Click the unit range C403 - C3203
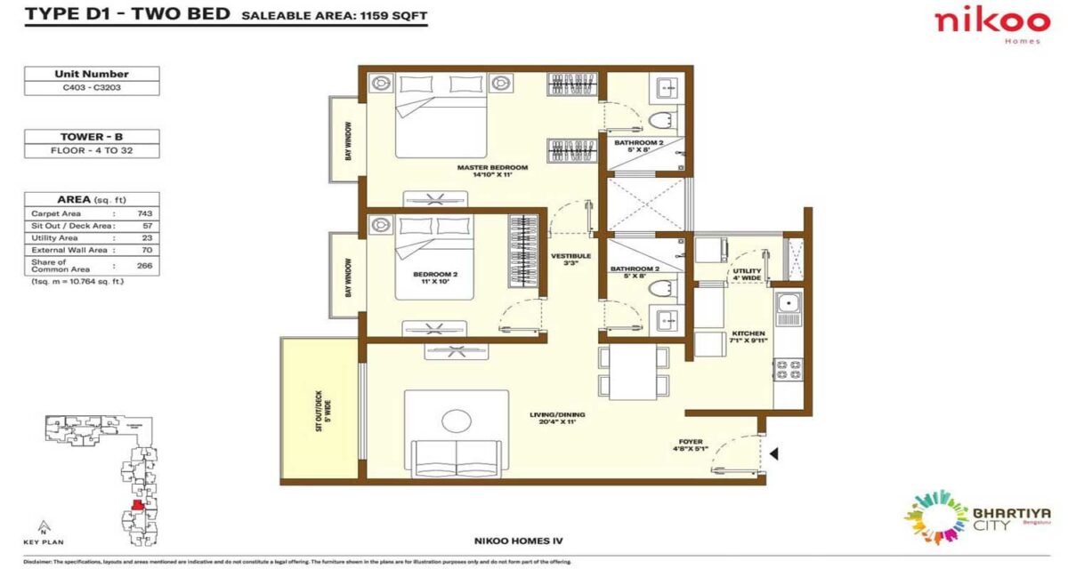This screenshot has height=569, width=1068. point(92,88)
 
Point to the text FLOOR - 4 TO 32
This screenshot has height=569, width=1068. point(92,151)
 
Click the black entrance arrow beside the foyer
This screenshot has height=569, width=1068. point(774,454)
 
